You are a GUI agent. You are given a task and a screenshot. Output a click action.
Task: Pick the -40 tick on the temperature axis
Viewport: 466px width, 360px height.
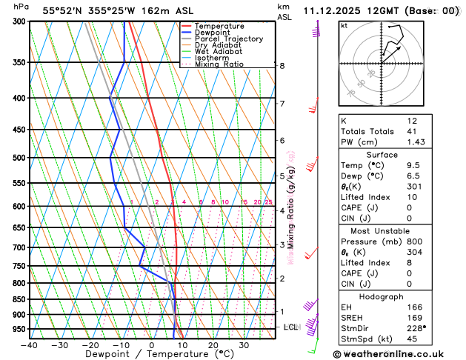(30, 344)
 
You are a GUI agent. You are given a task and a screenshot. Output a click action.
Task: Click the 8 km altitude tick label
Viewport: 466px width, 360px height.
(282, 66)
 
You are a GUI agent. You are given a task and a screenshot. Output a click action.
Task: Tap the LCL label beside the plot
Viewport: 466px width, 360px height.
(290, 327)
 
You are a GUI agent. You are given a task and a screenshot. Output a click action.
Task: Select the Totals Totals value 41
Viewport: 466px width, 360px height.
(412, 131)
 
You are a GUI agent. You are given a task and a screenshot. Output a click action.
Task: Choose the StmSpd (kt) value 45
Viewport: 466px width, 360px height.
(413, 339)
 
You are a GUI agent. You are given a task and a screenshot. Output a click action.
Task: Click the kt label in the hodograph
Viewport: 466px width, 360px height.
(344, 26)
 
